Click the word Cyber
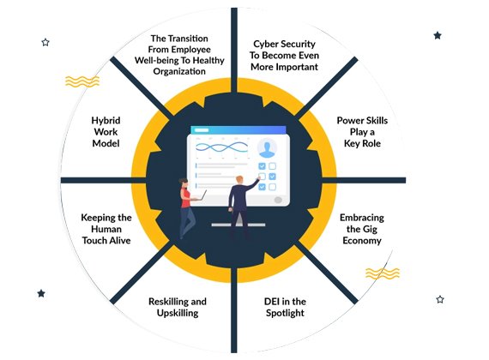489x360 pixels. pos(264,45)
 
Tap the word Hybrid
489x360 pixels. pos(106,121)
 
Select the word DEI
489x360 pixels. pos(272,302)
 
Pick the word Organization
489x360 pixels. pos(179,72)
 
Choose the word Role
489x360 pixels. pos(372,143)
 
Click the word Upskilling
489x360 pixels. pos(178,313)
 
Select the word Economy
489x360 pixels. pos(362,241)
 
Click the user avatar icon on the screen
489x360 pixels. pos(267,147)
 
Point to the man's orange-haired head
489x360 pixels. pos(239,180)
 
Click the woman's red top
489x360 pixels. pos(185,198)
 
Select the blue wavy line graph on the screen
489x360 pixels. pos(221,147)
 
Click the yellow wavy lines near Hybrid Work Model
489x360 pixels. pos(82,81)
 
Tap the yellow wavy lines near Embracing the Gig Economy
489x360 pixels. pos(383,273)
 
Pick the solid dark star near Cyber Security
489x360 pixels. pos(438,35)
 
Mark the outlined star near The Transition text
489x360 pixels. pos(45,42)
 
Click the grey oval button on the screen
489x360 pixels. pos(278,200)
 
